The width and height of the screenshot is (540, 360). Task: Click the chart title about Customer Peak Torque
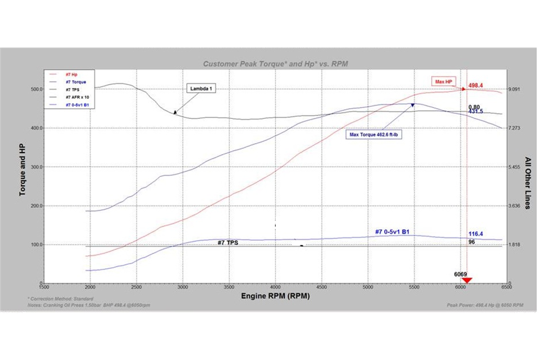point(275,64)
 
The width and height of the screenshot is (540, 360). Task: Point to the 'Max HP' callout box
point(445,81)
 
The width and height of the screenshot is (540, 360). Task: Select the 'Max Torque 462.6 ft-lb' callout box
point(373,134)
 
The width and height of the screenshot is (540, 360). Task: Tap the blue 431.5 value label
point(476,111)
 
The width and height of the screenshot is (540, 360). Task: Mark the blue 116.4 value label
point(476,234)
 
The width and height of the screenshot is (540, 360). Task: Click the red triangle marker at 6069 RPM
point(467,280)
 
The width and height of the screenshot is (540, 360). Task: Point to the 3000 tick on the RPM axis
point(183,287)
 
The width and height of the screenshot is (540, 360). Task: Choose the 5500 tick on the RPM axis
point(414,287)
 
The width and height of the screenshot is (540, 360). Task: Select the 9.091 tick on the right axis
point(514,89)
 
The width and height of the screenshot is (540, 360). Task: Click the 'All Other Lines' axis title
point(528,180)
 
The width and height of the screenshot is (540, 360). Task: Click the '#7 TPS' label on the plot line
point(228,243)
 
